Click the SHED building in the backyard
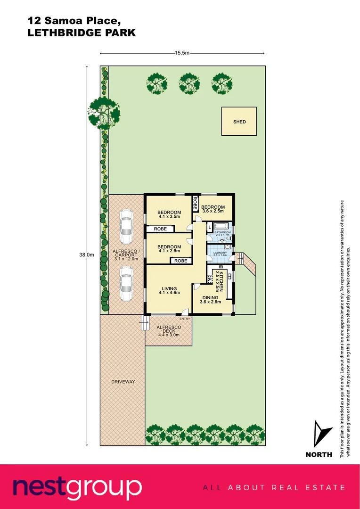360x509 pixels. [239, 122]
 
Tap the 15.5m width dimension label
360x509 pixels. [182, 53]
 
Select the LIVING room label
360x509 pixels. [169, 289]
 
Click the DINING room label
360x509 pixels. [210, 298]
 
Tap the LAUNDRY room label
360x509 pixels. [220, 253]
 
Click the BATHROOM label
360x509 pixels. [223, 232]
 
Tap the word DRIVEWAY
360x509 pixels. [123, 382]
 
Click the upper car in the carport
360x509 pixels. [125, 223]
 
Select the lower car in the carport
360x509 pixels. [125, 284]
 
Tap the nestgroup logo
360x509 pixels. [77, 487]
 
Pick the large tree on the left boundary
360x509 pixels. [104, 112]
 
